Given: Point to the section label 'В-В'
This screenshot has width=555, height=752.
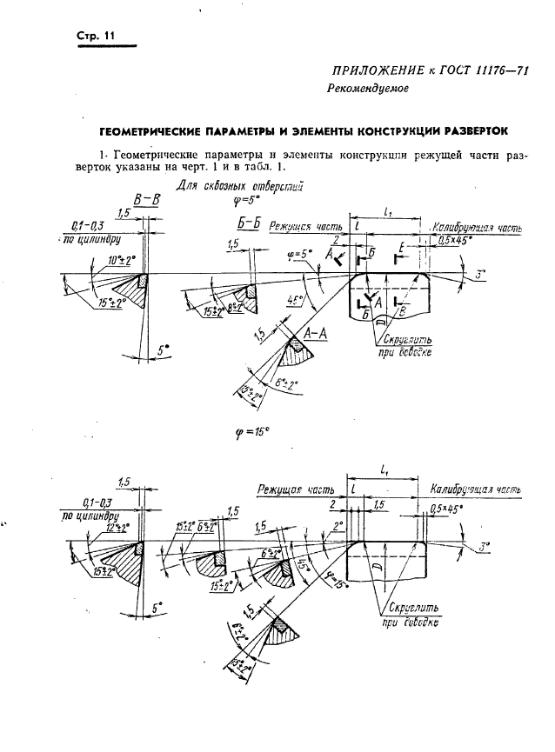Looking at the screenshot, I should click(146, 199).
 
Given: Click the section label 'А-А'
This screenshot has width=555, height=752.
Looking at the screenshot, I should click(316, 334).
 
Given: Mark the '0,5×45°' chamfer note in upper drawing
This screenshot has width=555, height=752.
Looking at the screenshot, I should click(456, 238).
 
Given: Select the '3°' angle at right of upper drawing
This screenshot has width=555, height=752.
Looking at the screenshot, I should click(480, 276).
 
